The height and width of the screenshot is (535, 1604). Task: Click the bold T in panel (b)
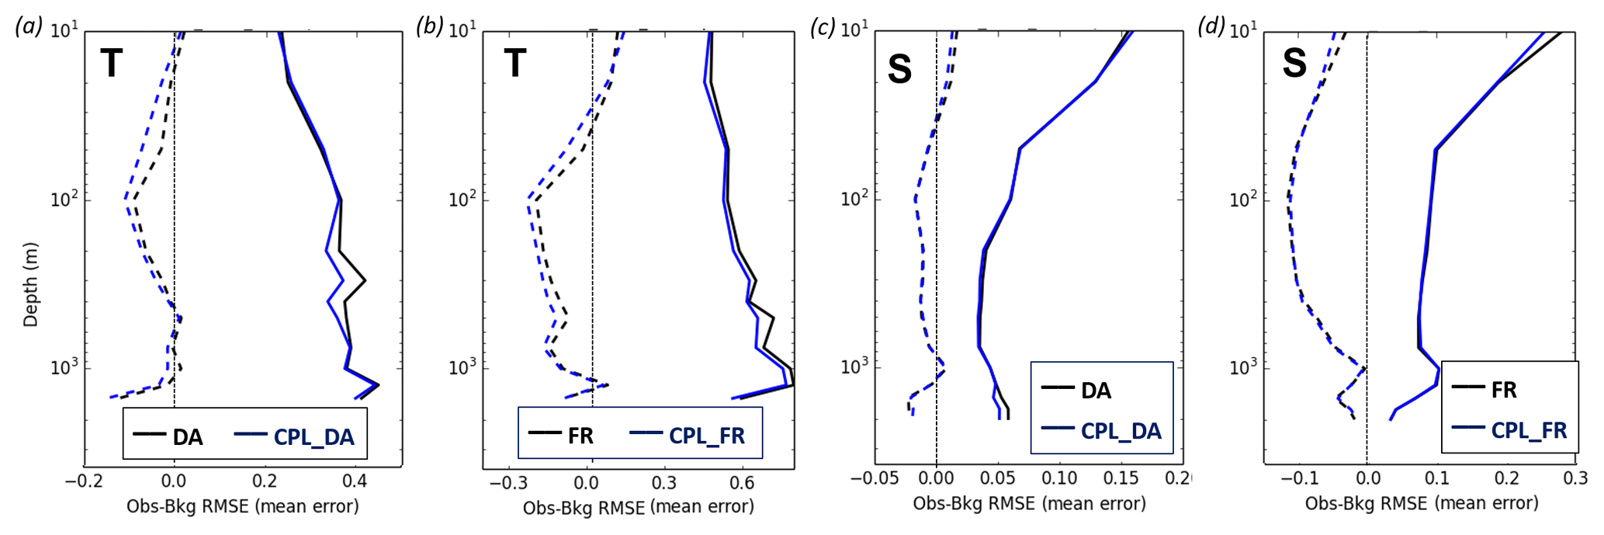coord(514,63)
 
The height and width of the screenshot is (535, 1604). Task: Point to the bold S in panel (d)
coord(1294,63)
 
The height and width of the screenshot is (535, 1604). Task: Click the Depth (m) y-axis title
coord(30,284)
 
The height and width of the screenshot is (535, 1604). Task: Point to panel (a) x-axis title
coord(242,507)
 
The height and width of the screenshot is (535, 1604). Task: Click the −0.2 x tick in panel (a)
coord(82,481)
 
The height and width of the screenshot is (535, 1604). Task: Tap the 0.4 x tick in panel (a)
coord(355,481)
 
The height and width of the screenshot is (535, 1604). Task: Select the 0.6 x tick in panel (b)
coord(742,482)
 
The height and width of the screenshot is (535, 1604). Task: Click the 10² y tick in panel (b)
coord(462,200)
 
